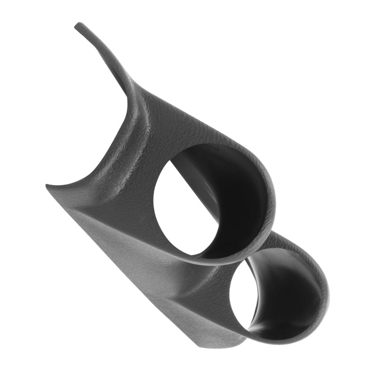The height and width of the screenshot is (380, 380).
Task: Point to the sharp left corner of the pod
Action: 47,186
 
